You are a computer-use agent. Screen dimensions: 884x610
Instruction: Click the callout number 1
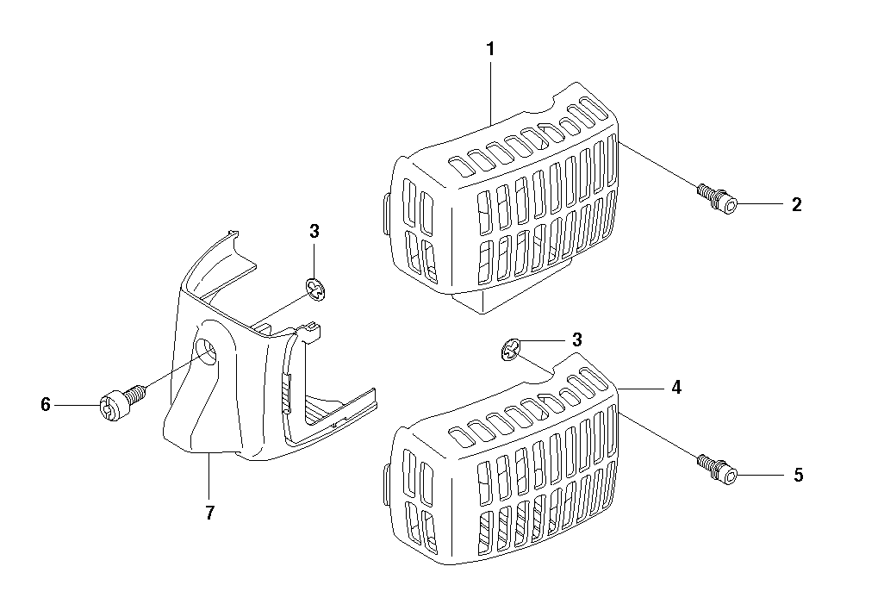490,49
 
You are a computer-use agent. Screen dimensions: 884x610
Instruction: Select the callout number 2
796,204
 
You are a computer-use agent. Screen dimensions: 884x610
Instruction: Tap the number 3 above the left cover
314,231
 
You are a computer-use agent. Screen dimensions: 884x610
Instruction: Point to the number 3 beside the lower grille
576,340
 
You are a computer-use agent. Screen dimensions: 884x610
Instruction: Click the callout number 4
676,388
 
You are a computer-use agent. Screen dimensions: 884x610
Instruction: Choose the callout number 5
799,475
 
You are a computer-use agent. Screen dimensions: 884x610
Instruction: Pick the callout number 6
46,404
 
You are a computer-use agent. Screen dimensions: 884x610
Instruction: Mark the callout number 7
209,513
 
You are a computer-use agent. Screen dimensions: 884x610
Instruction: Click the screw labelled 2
718,199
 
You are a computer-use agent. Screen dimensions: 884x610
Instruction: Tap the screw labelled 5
718,470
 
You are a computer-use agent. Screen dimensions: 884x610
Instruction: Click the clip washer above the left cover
317,289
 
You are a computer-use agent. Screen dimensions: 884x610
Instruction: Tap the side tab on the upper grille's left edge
386,214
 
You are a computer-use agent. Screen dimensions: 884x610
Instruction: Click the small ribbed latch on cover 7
286,392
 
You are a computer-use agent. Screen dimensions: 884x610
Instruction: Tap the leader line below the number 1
490,93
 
